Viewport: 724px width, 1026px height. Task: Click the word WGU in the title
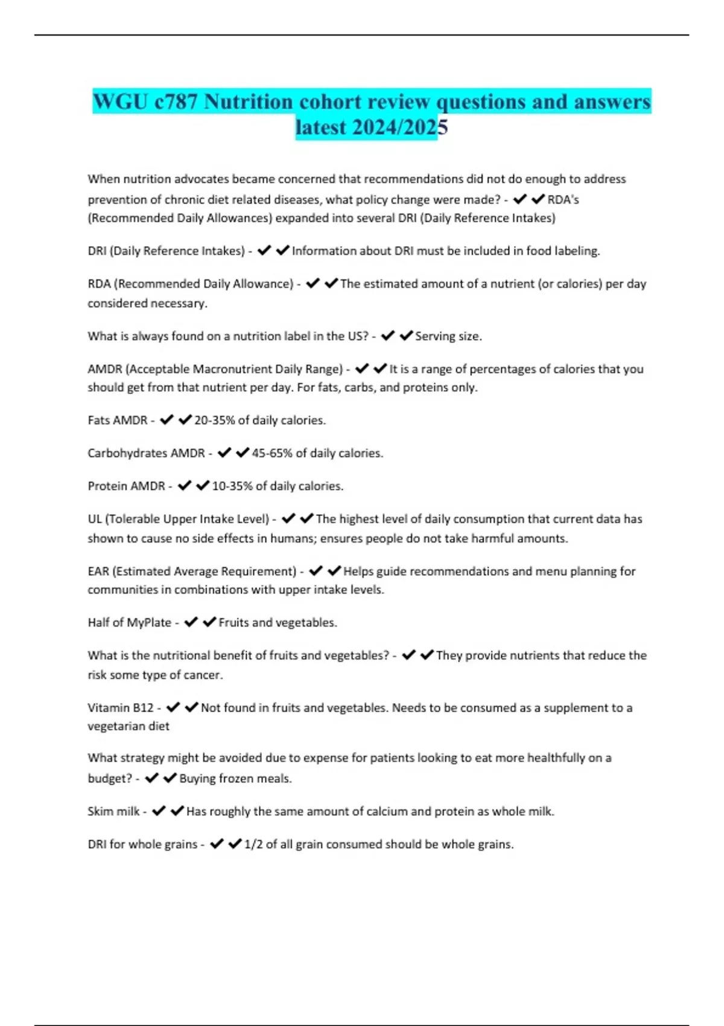click(120, 101)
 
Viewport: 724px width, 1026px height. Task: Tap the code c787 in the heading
click(176, 101)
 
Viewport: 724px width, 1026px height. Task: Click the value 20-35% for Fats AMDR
click(214, 420)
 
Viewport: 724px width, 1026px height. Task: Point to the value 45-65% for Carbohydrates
click(271, 453)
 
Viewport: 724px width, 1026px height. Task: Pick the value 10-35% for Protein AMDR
click(232, 486)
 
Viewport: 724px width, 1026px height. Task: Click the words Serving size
click(448, 336)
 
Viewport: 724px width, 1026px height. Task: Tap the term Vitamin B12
click(121, 707)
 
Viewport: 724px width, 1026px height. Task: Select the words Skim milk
click(113, 811)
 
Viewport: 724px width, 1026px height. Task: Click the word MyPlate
click(149, 622)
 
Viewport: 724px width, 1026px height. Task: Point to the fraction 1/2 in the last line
click(253, 844)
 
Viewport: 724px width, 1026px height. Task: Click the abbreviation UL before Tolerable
click(95, 519)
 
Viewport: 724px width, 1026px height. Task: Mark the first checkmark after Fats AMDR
click(167, 419)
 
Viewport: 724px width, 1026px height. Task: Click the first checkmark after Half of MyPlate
click(191, 622)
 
